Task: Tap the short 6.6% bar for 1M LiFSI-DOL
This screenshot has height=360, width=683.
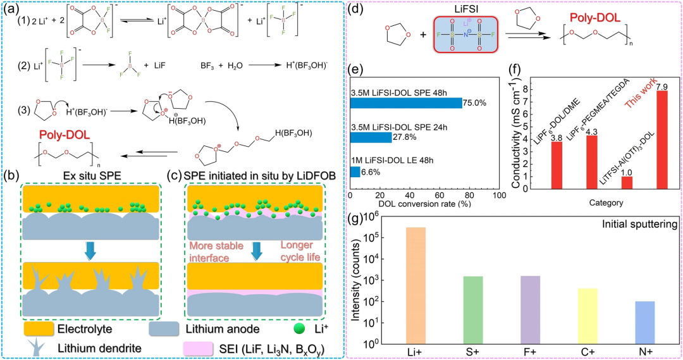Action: point(354,171)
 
